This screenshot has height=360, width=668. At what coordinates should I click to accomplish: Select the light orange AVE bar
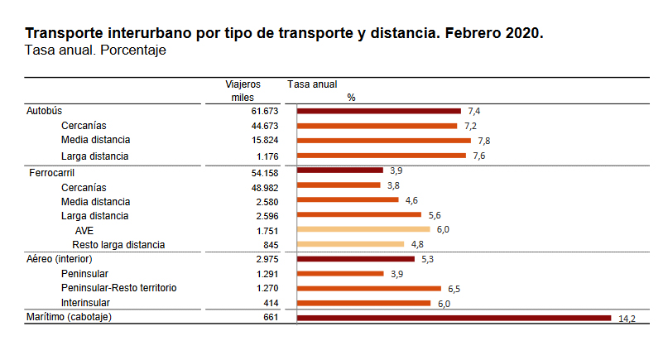[363, 229]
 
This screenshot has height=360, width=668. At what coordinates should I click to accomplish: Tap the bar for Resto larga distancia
[350, 244]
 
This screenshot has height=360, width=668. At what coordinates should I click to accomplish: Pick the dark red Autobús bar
[378, 111]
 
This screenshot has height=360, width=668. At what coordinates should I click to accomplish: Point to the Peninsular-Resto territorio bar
[369, 288]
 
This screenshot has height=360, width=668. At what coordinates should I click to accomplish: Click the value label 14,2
[627, 319]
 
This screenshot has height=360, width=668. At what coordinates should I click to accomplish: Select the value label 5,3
[428, 259]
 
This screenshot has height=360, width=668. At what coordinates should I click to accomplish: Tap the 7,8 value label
[484, 141]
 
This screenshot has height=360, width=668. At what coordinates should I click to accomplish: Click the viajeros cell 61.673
[265, 111]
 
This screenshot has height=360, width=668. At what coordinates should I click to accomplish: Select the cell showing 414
[270, 303]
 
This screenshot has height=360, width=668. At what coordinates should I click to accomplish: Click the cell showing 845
[270, 244]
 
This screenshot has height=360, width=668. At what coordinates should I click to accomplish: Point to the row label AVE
[84, 230]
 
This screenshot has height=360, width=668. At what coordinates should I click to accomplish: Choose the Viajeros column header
[243, 84]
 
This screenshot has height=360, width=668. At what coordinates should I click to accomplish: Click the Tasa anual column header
[312, 84]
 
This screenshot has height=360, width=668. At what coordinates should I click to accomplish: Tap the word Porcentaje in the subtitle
[134, 51]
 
